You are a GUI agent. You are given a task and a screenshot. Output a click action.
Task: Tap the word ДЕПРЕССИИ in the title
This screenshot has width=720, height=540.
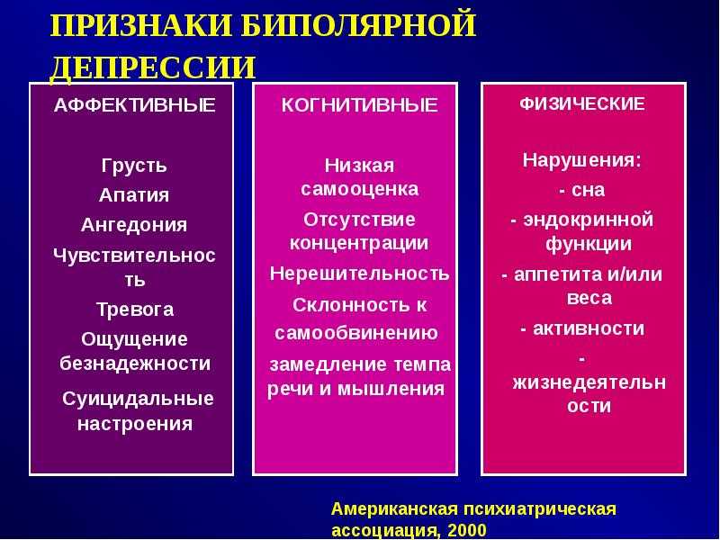tap(152, 67)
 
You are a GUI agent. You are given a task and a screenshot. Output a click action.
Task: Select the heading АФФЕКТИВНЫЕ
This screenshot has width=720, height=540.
tap(134, 105)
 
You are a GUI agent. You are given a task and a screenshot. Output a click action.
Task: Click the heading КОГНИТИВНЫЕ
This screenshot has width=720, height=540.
tap(359, 105)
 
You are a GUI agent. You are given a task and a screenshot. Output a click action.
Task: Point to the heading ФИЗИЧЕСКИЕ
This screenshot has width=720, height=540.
tap(582, 103)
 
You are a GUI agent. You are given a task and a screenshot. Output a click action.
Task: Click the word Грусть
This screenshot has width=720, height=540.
tap(134, 166)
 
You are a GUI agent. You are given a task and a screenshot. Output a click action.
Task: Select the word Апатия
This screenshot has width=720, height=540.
tap(134, 195)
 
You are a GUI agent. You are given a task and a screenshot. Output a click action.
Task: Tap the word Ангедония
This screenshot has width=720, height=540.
tap(134, 225)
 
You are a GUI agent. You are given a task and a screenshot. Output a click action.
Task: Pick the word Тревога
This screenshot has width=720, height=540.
tap(135, 310)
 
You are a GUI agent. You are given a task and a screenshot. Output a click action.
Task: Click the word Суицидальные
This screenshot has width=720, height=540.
tap(138, 399)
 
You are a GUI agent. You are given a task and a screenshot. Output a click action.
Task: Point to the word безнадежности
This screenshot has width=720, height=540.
tap(135, 364)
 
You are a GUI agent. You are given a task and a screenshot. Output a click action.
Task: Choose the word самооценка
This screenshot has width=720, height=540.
tap(359, 189)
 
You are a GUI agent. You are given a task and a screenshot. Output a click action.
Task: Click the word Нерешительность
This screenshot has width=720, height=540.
tap(359, 274)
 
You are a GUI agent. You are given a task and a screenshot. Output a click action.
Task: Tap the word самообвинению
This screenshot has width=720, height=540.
tap(356, 333)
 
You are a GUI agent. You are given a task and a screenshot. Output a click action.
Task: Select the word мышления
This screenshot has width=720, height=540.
tap(391, 390)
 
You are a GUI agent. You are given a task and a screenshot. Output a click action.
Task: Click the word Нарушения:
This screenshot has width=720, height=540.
tap(581, 160)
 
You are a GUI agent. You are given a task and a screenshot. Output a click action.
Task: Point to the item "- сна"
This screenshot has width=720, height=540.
tap(582, 190)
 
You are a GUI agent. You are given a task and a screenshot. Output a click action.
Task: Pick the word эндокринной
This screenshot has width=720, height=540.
tap(589, 220)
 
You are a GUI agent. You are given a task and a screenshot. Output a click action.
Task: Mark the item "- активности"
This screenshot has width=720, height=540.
tap(582, 328)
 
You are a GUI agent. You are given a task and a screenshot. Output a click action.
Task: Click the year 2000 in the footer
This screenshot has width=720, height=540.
tap(466, 530)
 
